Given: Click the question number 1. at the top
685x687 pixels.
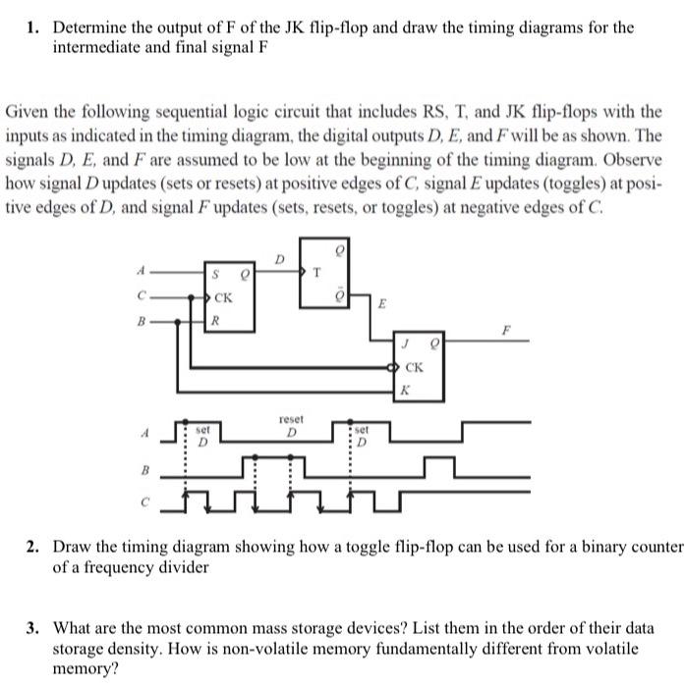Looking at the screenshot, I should click(33, 26).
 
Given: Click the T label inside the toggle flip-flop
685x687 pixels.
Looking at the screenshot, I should click(314, 272).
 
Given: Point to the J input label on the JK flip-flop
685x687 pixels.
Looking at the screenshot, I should click(405, 343).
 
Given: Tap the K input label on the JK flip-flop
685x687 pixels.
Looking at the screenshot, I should click(403, 391).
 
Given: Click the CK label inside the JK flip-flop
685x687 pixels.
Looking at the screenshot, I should click(415, 367).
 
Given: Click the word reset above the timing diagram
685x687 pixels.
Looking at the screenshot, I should click(291, 417).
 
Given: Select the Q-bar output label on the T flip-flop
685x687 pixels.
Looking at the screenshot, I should click(341, 295).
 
